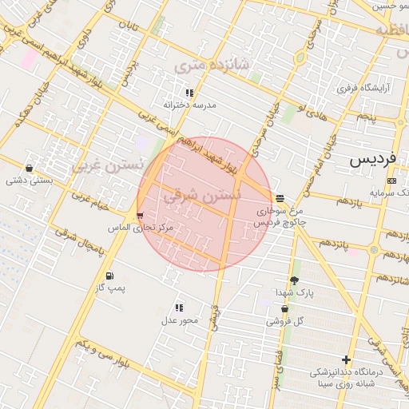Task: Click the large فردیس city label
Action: (x=372, y=159)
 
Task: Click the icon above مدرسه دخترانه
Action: (x=189, y=93)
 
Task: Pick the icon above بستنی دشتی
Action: (x=30, y=169)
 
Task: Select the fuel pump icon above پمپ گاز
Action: (x=109, y=276)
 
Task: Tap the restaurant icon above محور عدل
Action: (x=179, y=307)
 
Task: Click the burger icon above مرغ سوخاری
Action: (x=280, y=198)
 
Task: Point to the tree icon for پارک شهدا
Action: (x=294, y=280)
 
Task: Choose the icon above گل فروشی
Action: (x=274, y=308)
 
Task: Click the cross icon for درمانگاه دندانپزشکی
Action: (x=346, y=359)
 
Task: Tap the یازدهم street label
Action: (x=349, y=203)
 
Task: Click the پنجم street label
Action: (x=366, y=117)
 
